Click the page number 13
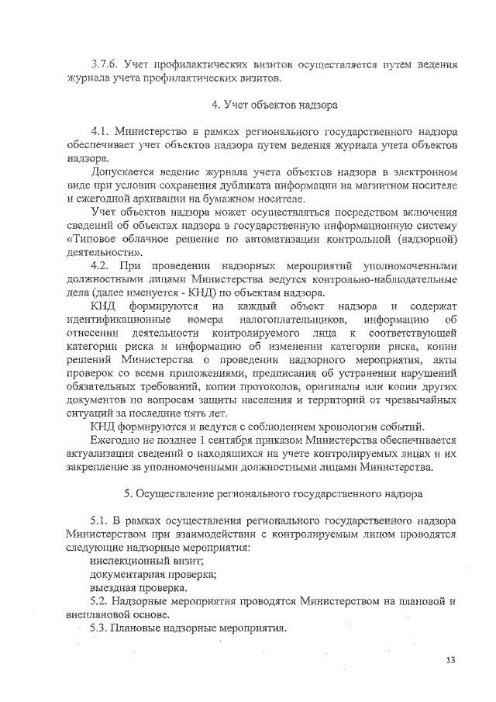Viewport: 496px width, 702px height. click(451, 660)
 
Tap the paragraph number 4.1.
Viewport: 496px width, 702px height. click(102, 130)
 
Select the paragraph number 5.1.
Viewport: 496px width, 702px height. click(102, 519)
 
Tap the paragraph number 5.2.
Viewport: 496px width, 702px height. click(102, 601)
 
